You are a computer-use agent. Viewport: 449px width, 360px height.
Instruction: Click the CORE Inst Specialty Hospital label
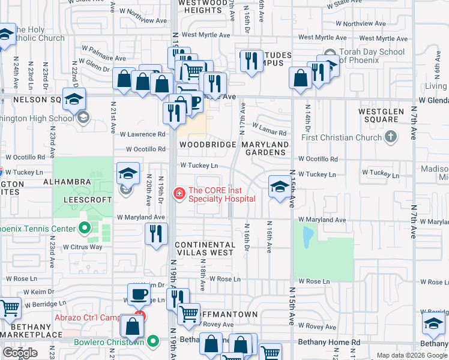click(x=221, y=194)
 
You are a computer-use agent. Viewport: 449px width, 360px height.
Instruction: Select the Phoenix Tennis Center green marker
click(x=84, y=228)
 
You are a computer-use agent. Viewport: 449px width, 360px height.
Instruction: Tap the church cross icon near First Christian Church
click(x=390, y=137)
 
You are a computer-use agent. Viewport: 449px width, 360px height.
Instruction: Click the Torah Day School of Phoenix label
click(x=372, y=56)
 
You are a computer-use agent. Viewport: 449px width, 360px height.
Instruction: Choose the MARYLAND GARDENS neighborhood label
click(x=265, y=149)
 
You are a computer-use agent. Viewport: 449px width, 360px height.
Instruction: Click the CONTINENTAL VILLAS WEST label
click(x=204, y=249)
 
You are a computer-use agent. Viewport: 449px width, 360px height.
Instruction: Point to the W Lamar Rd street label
click(x=270, y=129)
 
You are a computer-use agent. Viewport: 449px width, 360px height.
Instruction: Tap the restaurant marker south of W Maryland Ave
click(x=156, y=233)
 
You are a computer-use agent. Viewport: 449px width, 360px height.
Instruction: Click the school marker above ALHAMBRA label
click(x=128, y=173)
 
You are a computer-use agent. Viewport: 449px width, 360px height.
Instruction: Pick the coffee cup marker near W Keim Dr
click(x=139, y=295)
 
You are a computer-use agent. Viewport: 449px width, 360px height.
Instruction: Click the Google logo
click(x=20, y=353)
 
